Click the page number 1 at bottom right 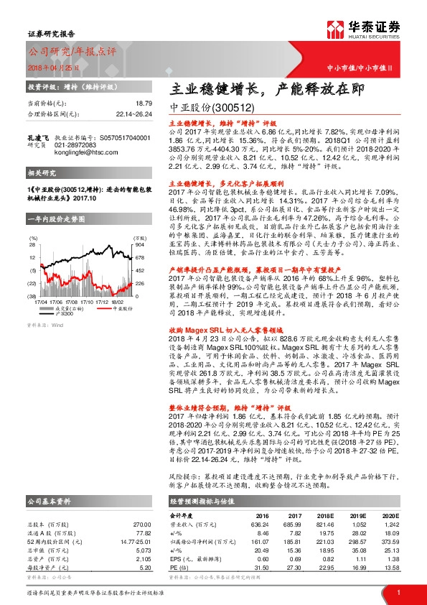[x=398, y=591]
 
